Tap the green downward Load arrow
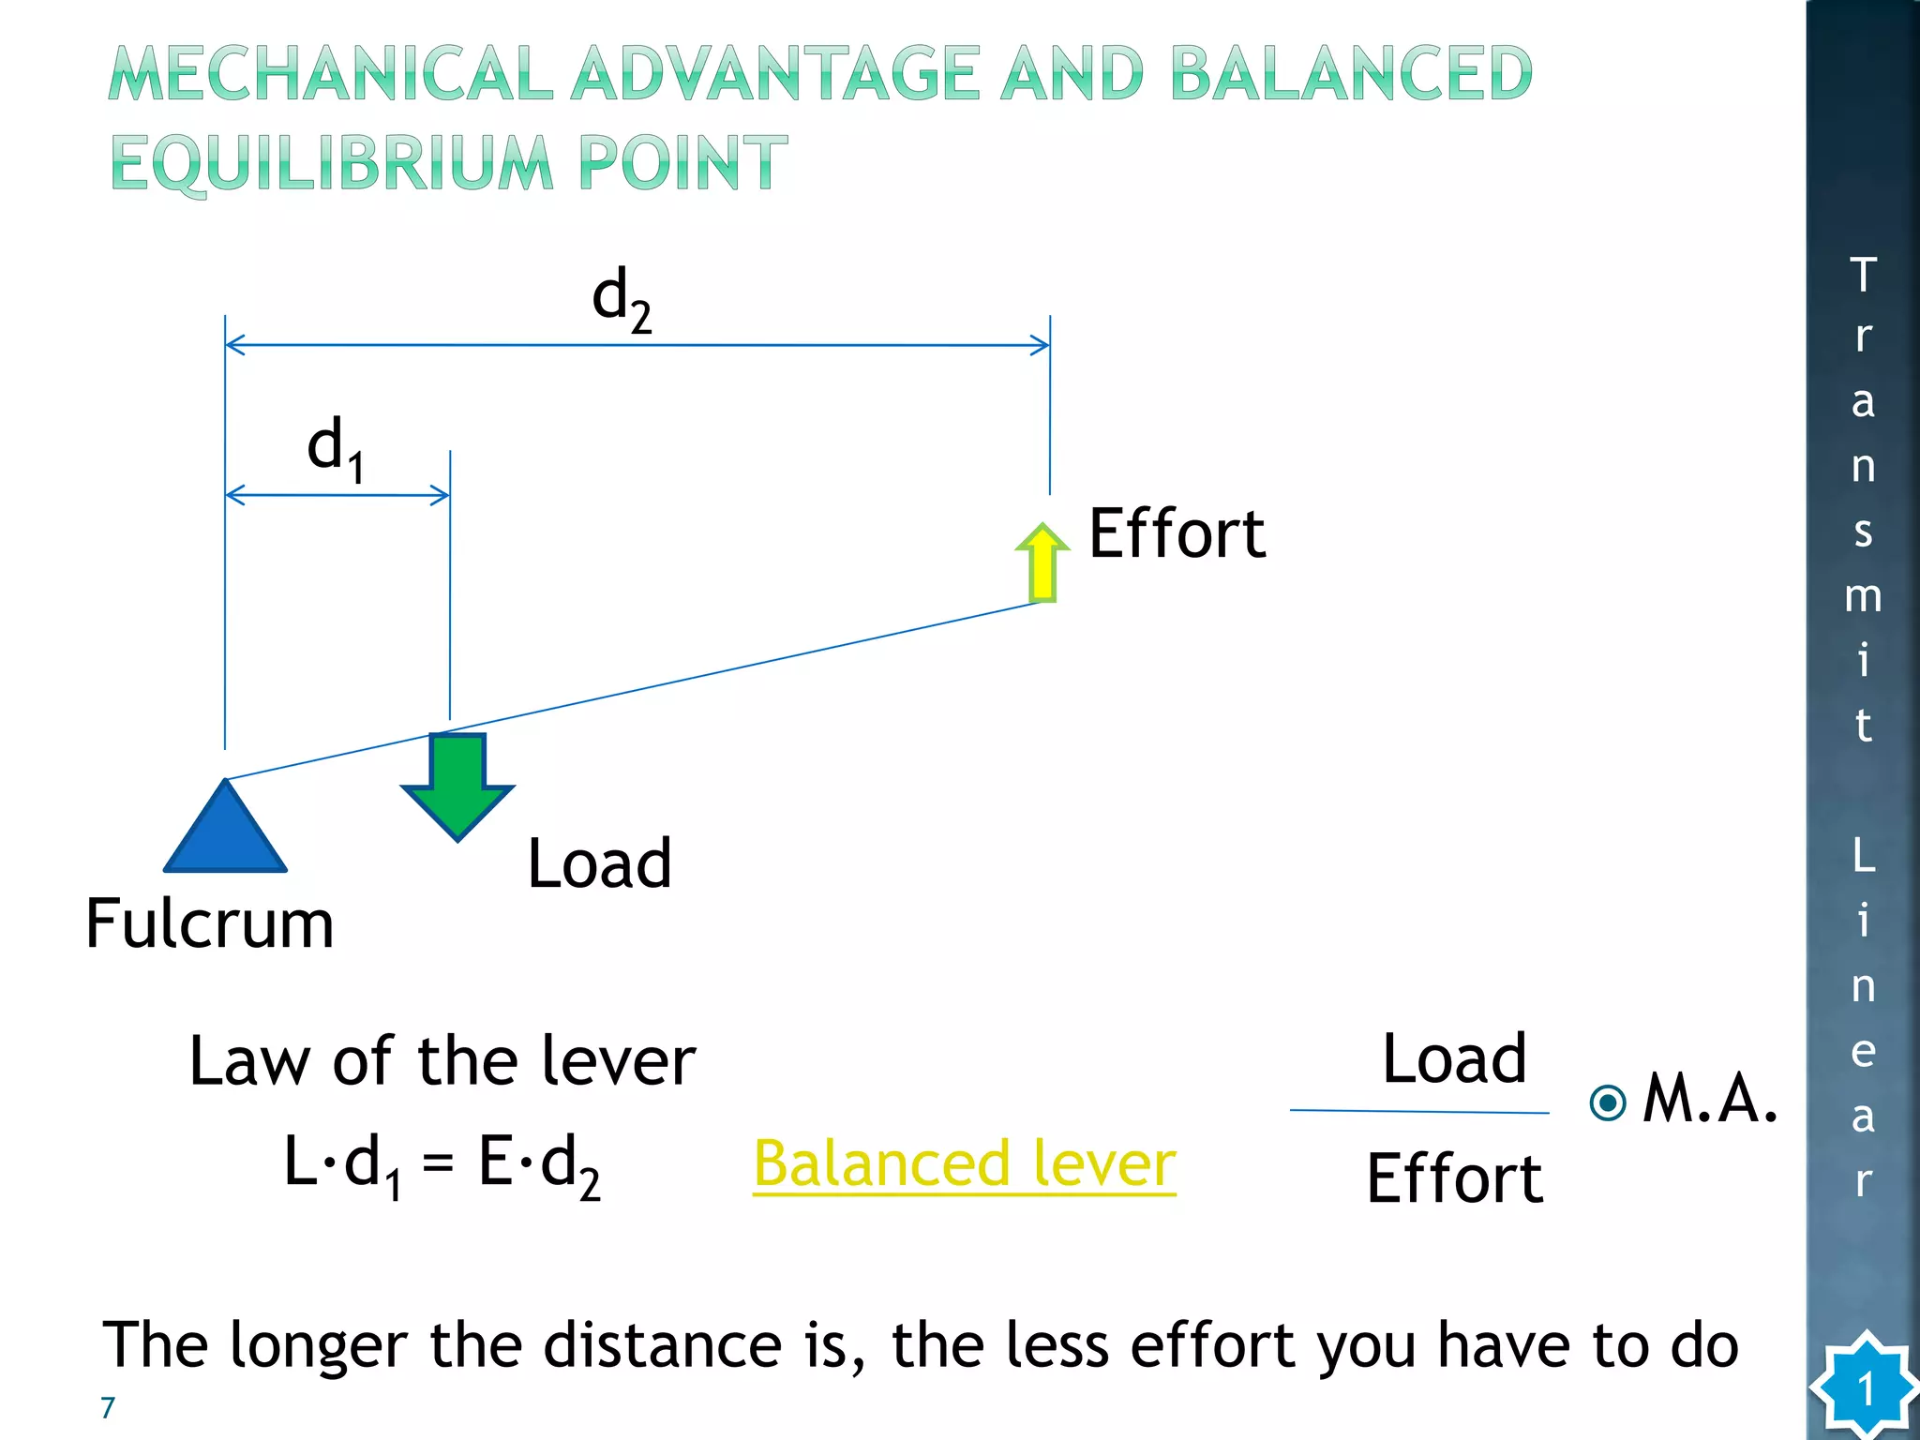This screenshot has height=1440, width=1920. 457,784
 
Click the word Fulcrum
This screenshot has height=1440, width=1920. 209,923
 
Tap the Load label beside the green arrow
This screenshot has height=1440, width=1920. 599,863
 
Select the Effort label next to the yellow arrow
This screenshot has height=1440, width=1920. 1177,533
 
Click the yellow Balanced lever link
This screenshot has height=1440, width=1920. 964,1163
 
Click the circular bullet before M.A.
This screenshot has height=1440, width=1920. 1609,1102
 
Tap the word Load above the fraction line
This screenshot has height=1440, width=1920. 1454,1059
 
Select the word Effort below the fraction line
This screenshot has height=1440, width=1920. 1454,1178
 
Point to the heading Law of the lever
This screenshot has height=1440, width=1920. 442,1061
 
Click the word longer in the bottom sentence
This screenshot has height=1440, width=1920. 317,1346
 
